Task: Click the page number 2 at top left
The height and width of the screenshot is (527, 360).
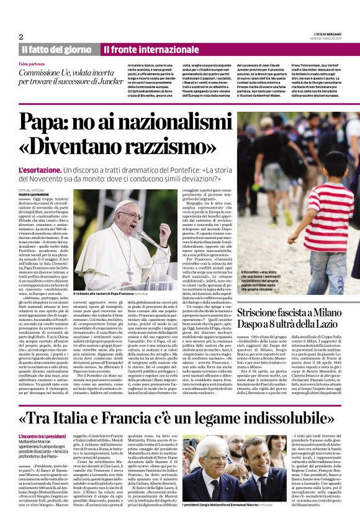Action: pos(21,37)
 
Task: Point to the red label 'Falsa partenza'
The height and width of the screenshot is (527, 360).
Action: pos(32,64)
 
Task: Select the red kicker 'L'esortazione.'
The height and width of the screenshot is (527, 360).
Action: pos(42,169)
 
